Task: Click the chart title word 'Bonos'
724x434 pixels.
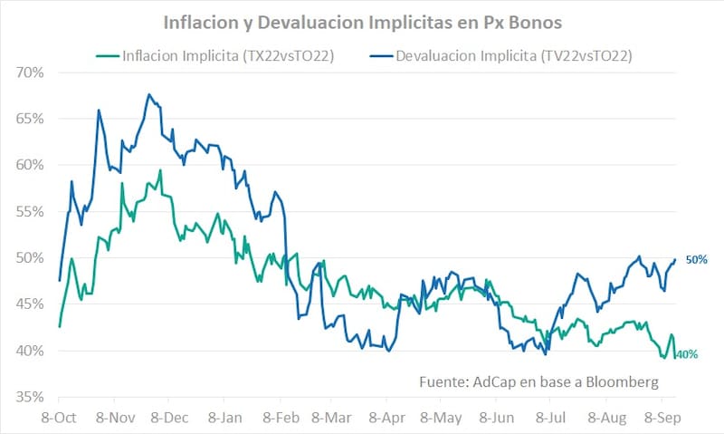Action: point(531,19)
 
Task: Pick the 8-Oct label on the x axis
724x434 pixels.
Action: point(58,419)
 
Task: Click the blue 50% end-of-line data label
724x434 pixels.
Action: point(695,260)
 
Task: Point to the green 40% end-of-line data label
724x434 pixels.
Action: point(687,354)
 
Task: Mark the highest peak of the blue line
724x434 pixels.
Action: point(149,94)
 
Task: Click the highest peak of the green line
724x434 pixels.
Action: point(160,170)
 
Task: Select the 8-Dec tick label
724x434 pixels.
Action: point(169,419)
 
